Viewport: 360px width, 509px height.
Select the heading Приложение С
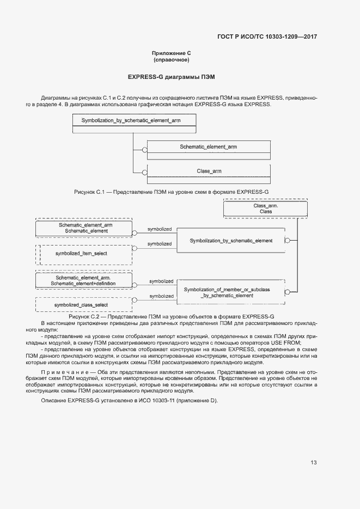(x=171, y=53)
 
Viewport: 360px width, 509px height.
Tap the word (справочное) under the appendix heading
(x=171, y=59)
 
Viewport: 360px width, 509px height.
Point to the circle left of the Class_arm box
(x=144, y=174)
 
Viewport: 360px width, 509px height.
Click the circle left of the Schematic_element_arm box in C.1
(x=144, y=149)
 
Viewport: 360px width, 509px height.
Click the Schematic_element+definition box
(x=83, y=280)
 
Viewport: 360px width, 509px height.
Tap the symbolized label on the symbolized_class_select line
(x=161, y=296)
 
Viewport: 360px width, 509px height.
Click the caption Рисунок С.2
(x=171, y=316)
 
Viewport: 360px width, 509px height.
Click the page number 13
(x=313, y=463)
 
